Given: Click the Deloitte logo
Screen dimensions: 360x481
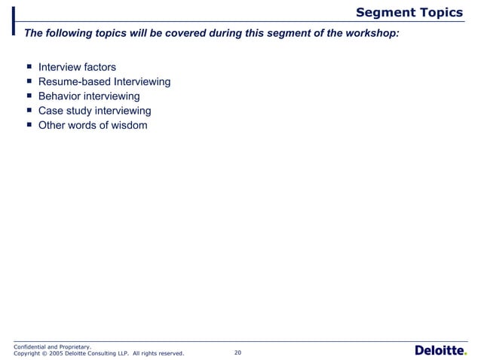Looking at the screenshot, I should click(440, 350).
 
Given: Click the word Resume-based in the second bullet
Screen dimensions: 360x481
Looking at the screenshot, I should click(73, 82).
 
